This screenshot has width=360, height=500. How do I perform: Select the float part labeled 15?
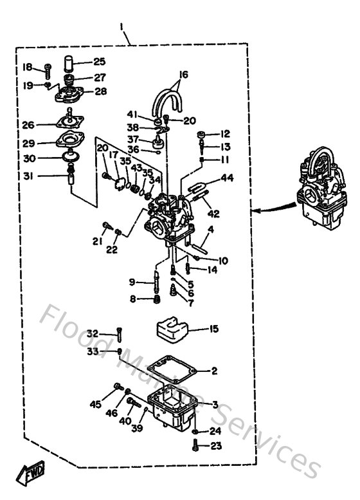click(x=172, y=329)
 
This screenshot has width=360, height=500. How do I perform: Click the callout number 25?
click(x=99, y=62)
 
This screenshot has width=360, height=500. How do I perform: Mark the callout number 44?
click(x=227, y=177)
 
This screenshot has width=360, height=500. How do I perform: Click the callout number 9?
click(x=132, y=282)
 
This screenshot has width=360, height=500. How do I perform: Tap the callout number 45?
click(x=95, y=404)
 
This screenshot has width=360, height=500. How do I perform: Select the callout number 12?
click(x=224, y=134)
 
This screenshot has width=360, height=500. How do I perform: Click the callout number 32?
click(x=93, y=333)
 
